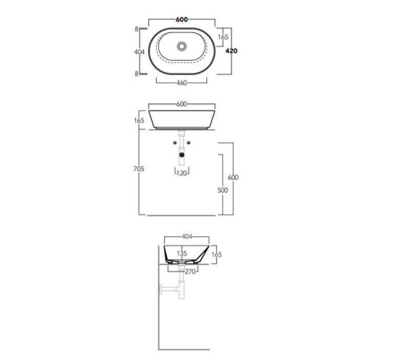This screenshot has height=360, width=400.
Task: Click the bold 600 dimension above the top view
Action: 182,19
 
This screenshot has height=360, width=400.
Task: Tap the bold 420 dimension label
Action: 231,50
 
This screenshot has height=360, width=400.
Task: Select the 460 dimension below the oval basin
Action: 182,83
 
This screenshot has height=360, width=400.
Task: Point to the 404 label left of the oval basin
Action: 139,52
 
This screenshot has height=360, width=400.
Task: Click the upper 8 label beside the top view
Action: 137,29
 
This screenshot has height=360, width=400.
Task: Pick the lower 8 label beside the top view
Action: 137,74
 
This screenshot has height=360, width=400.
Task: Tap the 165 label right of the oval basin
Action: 223,37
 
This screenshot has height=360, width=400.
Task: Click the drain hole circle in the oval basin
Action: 182,46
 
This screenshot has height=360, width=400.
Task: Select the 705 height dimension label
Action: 138,169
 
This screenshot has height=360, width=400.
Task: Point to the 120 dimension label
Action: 182,174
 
